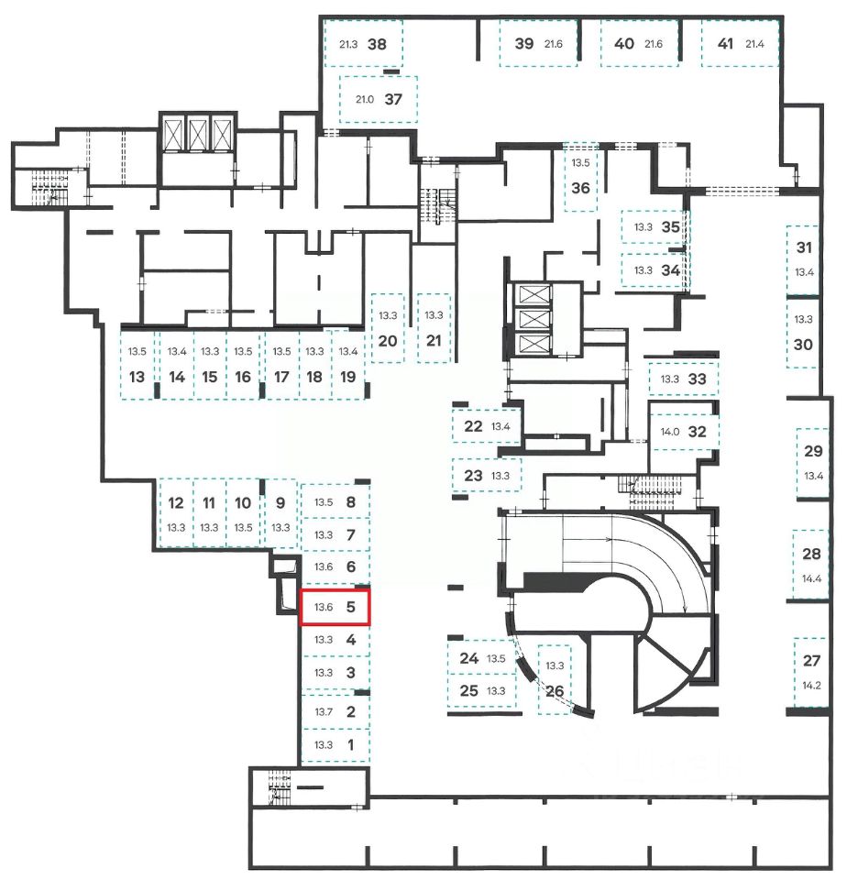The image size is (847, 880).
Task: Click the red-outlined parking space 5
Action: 335,607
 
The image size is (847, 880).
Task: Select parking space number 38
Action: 377,43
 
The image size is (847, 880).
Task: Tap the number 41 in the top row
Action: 726,43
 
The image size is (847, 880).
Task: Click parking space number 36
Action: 580,188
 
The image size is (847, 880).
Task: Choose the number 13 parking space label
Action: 137,377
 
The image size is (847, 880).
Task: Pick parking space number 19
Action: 347,377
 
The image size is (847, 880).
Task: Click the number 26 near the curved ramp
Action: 554,691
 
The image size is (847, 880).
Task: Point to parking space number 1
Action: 350,744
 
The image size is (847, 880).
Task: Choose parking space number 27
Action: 811,660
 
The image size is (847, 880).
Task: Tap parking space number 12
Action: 176,502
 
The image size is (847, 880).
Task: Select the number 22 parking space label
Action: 474,425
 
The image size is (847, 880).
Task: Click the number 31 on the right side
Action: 804,247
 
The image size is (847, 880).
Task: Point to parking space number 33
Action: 698,378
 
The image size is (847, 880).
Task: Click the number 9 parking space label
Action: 280,502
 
